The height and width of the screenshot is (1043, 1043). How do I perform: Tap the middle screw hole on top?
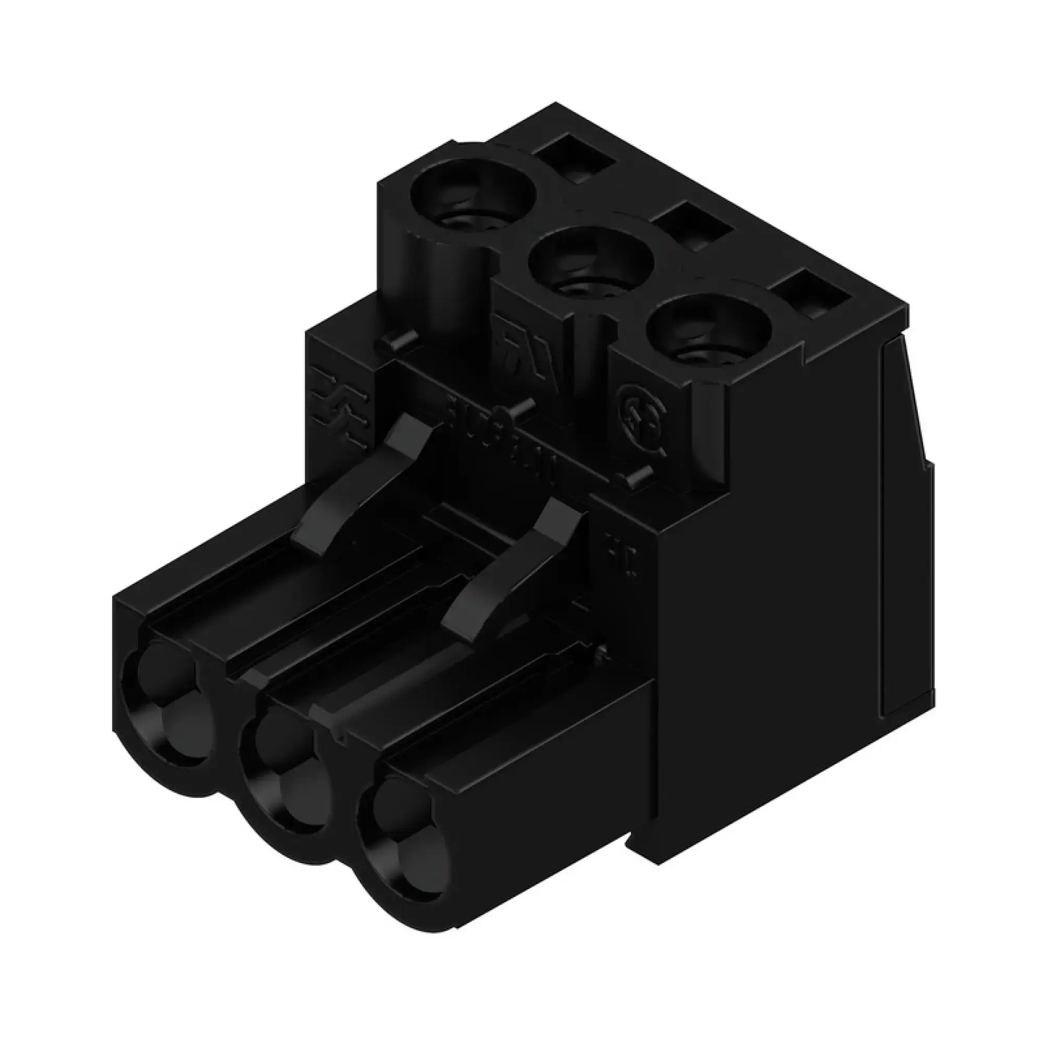click(x=591, y=264)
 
